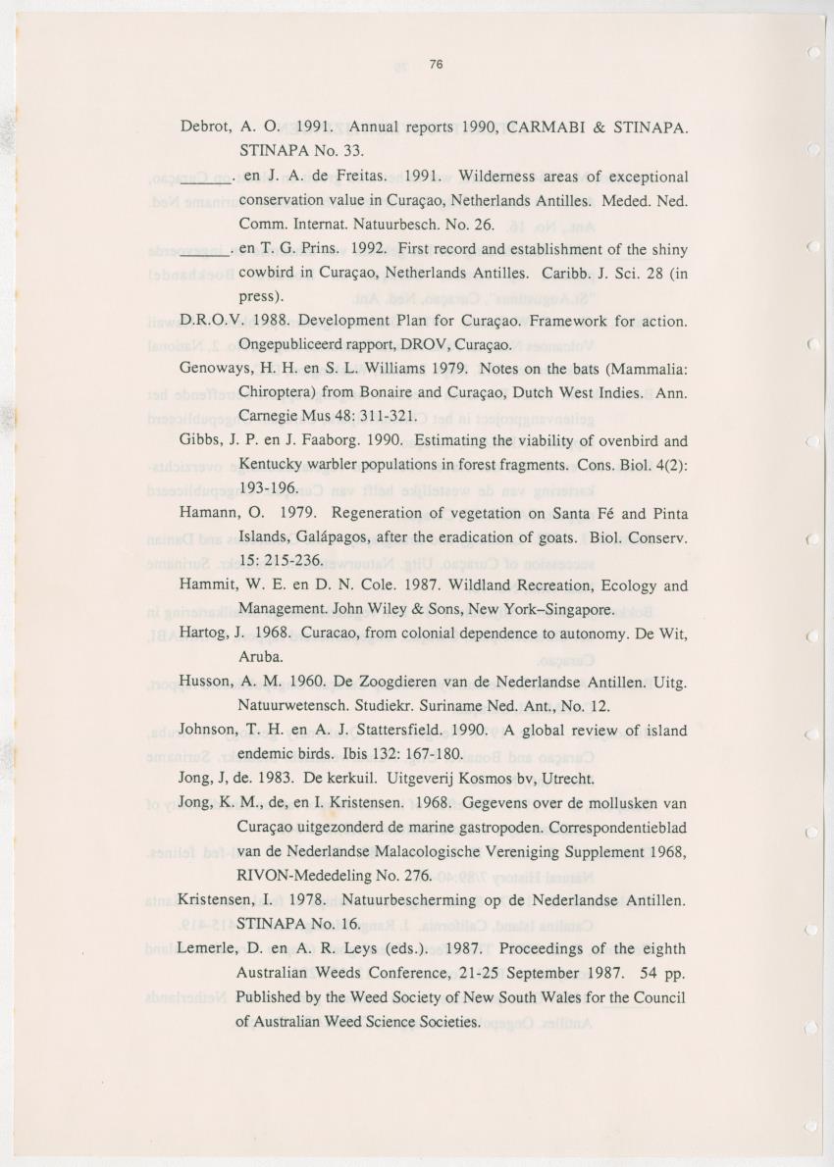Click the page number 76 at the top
point(438,66)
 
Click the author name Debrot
point(205,127)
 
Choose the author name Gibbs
point(203,440)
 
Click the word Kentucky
point(273,465)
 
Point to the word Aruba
point(260,657)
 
